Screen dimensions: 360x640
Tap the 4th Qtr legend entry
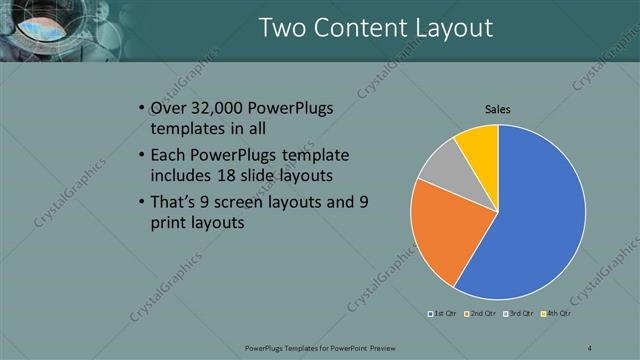pos(554,314)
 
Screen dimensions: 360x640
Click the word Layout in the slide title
pos(447,28)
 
